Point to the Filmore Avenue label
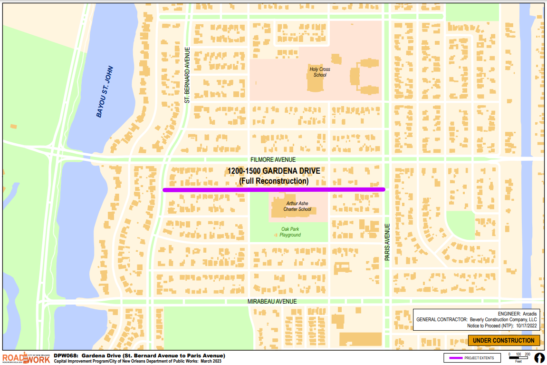click(273, 160)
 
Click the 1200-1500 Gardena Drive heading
click(273, 171)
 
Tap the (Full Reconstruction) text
click(273, 181)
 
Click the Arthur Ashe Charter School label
click(297, 206)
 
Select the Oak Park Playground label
click(290, 232)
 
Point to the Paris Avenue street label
click(387, 242)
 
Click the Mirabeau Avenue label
click(272, 302)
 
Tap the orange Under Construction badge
click(504, 340)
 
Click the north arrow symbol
click(539, 357)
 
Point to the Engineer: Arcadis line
click(517, 314)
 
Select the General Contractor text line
click(476, 320)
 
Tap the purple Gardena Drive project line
click(273, 189)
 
